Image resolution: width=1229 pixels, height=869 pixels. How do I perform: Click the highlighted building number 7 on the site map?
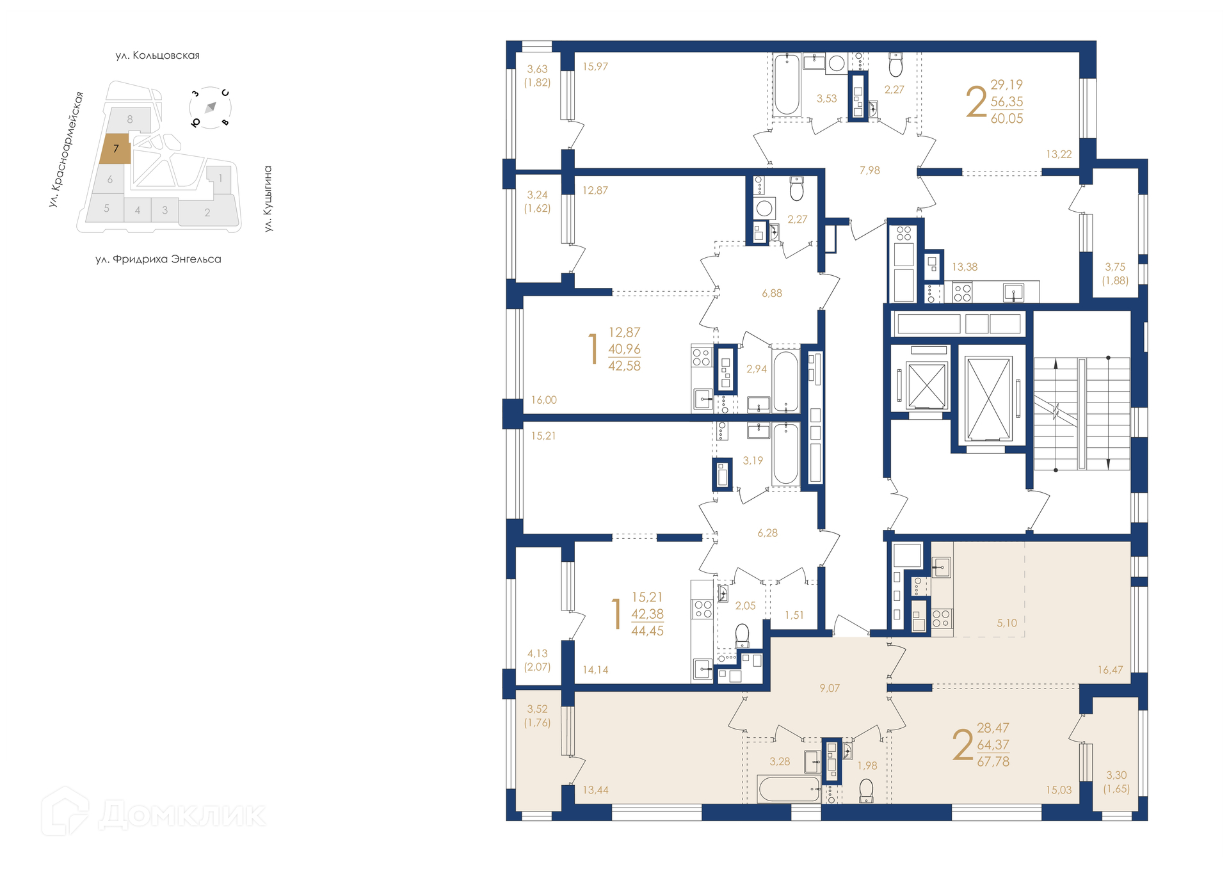pyautogui.click(x=116, y=148)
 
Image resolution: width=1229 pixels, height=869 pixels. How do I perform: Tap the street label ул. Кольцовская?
pyautogui.click(x=157, y=56)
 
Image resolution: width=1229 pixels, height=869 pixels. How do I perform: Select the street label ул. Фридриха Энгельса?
pyautogui.click(x=158, y=259)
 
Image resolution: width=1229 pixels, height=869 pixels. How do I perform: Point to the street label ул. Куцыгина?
pyautogui.click(x=268, y=198)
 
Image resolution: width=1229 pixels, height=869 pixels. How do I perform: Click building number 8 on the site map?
pyautogui.click(x=130, y=119)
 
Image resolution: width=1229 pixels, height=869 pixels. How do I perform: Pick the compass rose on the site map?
pyautogui.click(x=210, y=108)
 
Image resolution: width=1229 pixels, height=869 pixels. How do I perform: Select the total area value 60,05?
pyautogui.click(x=1007, y=118)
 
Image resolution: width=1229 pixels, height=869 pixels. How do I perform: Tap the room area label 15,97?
pyautogui.click(x=595, y=67)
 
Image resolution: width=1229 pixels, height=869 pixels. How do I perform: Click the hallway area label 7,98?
pyautogui.click(x=869, y=170)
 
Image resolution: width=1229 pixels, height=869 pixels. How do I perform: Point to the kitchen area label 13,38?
pyautogui.click(x=965, y=267)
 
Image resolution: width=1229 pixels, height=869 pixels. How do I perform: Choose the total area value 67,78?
pyautogui.click(x=993, y=761)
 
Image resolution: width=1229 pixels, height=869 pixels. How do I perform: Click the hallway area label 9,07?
pyautogui.click(x=830, y=688)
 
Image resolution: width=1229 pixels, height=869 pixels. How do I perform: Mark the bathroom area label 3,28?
pyautogui.click(x=780, y=761)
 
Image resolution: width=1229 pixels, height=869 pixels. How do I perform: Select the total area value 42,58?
pyautogui.click(x=624, y=365)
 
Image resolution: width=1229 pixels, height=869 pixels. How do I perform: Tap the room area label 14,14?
pyautogui.click(x=595, y=670)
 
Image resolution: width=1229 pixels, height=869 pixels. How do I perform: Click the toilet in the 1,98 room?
pyautogui.click(x=866, y=790)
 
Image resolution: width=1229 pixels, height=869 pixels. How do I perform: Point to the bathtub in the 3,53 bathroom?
pyautogui.click(x=787, y=85)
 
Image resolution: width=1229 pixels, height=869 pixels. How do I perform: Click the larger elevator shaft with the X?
pyautogui.click(x=988, y=399)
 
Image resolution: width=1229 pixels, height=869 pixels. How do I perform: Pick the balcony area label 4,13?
pyautogui.click(x=537, y=653)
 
